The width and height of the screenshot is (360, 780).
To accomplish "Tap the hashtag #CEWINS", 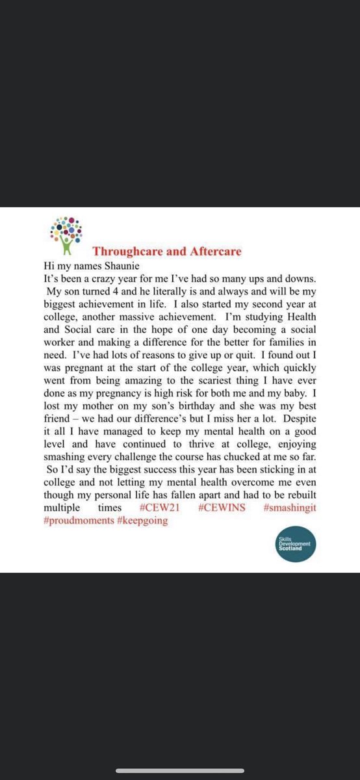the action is [223, 508].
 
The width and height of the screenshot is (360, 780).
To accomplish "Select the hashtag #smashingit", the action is [290, 508].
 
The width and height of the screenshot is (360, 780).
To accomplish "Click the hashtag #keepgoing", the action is [144, 521].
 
